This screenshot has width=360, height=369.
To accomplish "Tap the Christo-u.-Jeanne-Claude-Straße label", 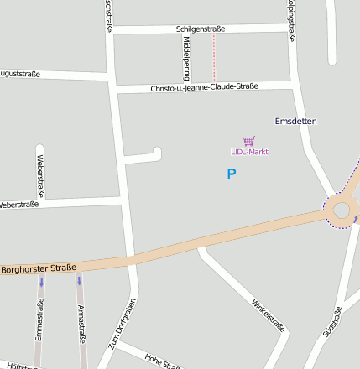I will point(204,87).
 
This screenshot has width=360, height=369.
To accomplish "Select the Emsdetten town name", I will point(296,122).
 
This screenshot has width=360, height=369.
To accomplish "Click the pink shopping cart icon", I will point(248,141).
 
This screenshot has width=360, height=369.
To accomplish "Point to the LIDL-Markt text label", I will point(249,152).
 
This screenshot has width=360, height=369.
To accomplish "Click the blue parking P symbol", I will point(232,174).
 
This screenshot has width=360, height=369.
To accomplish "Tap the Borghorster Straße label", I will point(39,269).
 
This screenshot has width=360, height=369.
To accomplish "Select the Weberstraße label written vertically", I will point(40,171).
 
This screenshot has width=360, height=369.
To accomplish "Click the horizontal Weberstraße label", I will point(18,205).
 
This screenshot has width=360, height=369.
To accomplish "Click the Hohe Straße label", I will point(162,361).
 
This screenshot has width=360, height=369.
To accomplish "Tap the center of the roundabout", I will point(342,210).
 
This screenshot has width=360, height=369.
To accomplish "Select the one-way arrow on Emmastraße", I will point(40,283).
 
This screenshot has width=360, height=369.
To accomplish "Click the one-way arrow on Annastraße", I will point(80,281).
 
